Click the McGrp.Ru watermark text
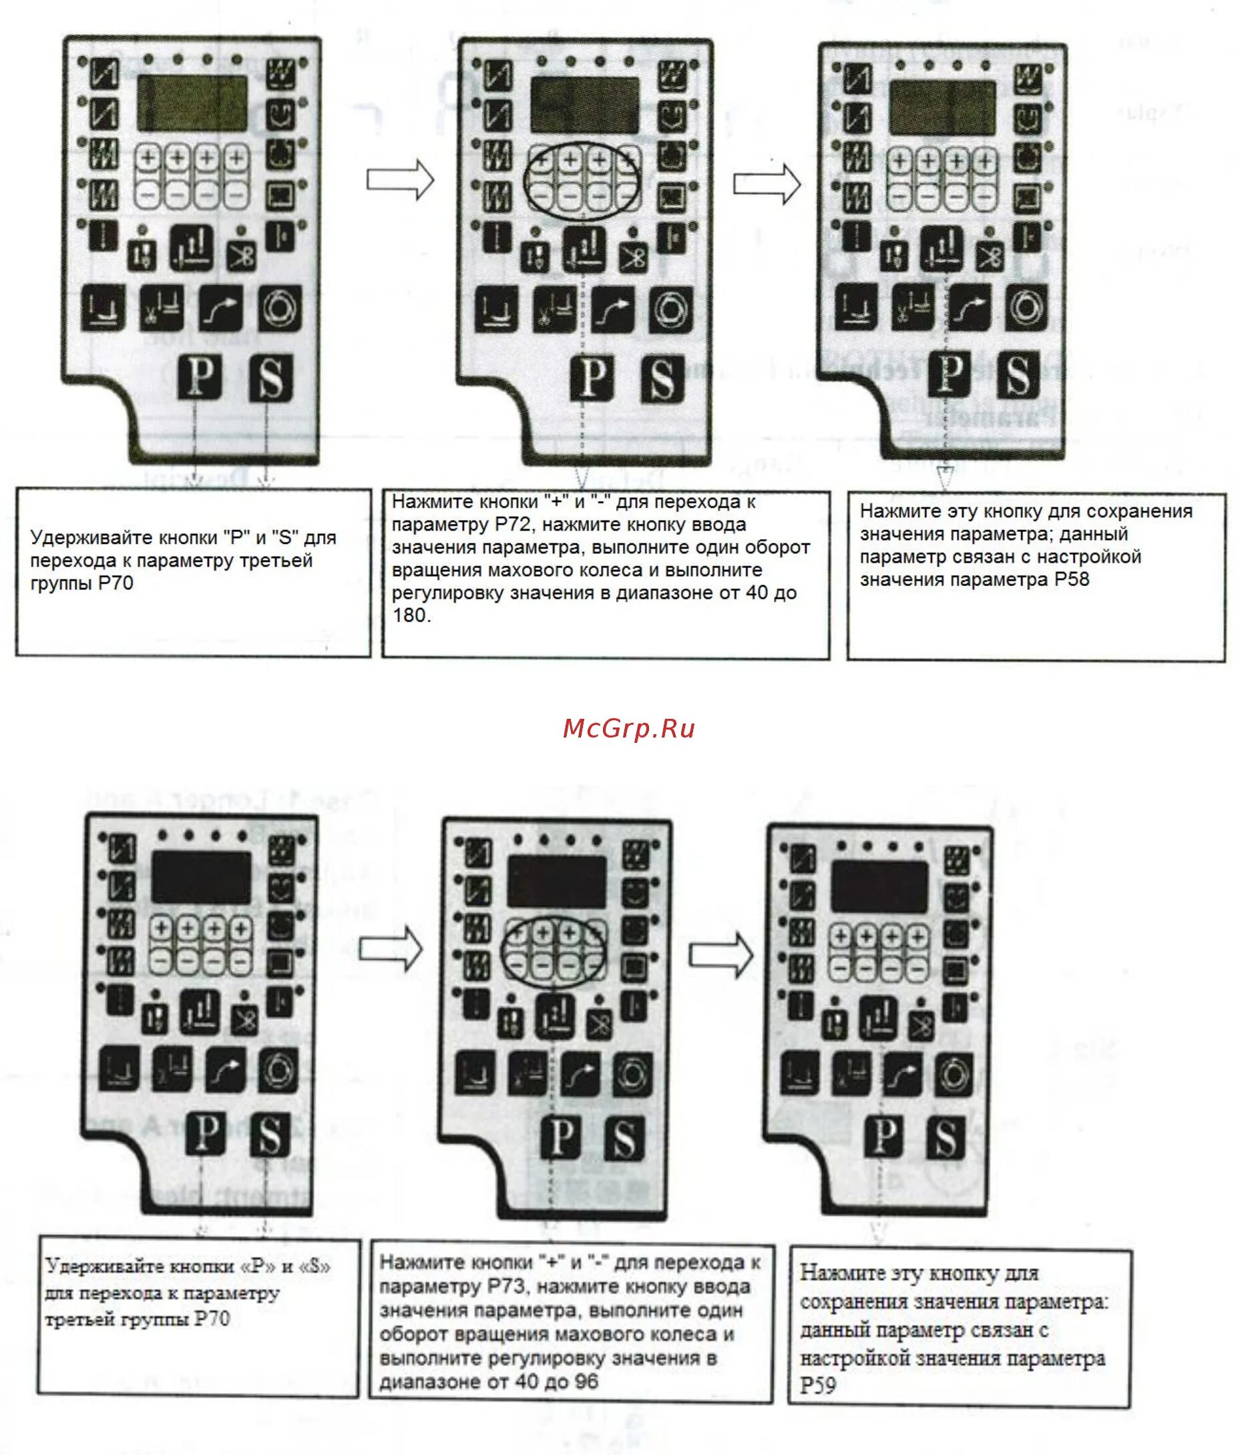click(x=628, y=728)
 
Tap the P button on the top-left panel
click(x=200, y=377)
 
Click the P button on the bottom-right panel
click(x=884, y=1135)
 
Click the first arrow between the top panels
click(x=400, y=180)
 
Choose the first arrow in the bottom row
click(x=391, y=949)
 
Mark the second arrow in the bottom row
click(x=720, y=954)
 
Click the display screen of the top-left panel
click(x=192, y=103)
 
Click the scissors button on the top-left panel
click(x=241, y=254)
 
